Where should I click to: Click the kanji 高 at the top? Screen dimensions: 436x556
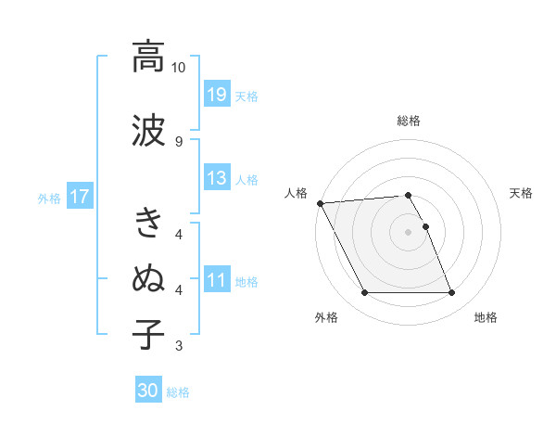click(x=148, y=57)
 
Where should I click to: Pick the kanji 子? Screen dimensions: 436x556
click(x=148, y=334)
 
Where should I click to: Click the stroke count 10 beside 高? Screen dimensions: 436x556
click(x=179, y=68)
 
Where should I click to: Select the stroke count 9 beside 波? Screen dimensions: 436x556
click(x=179, y=141)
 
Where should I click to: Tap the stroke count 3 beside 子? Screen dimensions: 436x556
click(x=179, y=347)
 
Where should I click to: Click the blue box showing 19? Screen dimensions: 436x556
click(x=217, y=95)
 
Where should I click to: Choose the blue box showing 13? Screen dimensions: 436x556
click(x=217, y=178)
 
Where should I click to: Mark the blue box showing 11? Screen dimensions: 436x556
click(x=217, y=280)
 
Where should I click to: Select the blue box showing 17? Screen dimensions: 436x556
click(x=79, y=197)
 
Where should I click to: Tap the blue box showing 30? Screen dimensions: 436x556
click(x=148, y=391)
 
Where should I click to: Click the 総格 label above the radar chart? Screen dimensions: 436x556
click(x=409, y=121)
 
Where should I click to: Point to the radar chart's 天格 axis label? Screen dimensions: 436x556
click(x=522, y=193)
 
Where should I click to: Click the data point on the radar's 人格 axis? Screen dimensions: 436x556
click(x=320, y=202)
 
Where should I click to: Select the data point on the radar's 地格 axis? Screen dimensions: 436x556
click(x=451, y=293)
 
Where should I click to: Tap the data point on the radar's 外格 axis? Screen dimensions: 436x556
click(x=364, y=293)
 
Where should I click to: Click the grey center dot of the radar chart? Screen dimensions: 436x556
click(x=408, y=231)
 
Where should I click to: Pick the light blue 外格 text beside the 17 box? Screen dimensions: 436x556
click(x=48, y=198)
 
